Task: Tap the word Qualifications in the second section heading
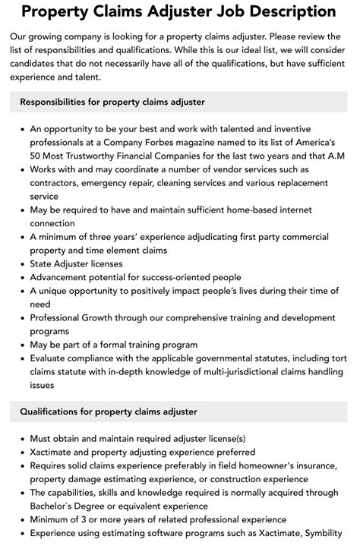(55, 412)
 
